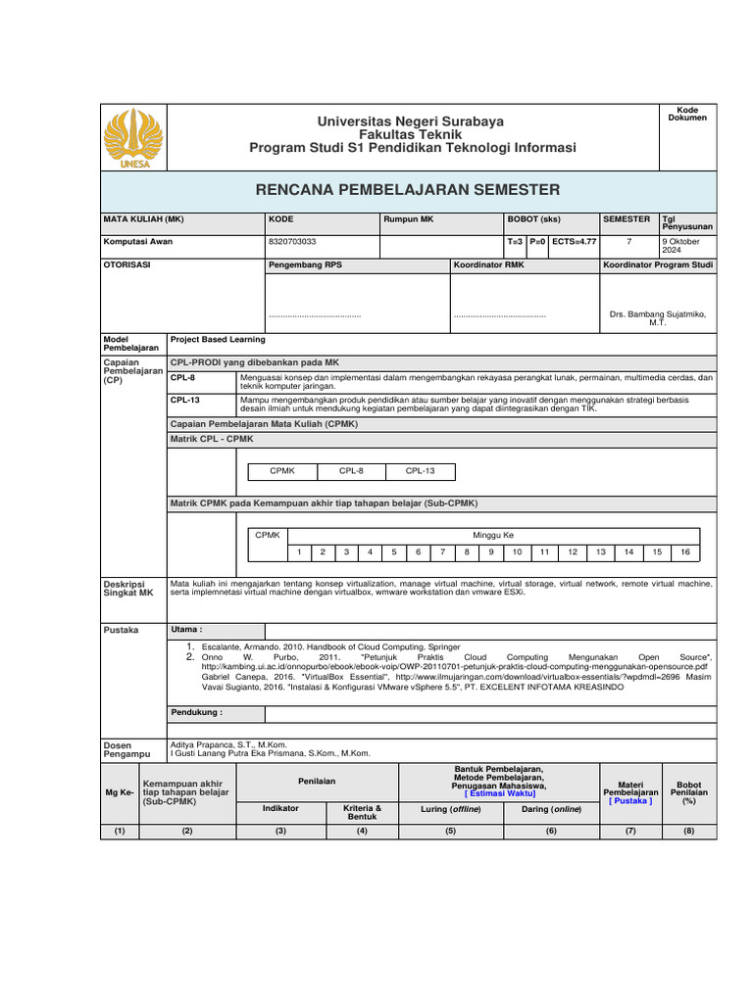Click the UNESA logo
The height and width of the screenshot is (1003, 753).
pos(134,138)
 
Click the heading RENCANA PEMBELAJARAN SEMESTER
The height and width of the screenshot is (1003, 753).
pos(408,190)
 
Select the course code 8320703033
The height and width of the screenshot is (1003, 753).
pos(291,241)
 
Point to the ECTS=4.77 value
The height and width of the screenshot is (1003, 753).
pos(574,241)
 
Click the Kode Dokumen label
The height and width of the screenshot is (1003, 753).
pos(686,114)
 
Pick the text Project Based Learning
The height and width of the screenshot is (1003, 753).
pos(218,340)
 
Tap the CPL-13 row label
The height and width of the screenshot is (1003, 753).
pos(184,401)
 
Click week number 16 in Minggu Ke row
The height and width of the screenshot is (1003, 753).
pos(685,552)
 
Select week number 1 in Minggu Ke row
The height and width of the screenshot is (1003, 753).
pos(299,552)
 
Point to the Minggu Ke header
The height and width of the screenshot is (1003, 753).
pos(492,536)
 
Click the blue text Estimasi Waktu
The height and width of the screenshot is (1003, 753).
pos(500,793)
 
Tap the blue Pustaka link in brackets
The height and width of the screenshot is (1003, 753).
pos(630,800)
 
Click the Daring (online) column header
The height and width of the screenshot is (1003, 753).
pos(550,810)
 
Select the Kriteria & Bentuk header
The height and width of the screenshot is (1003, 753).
pos(362,812)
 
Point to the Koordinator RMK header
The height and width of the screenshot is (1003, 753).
pos(488,265)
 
